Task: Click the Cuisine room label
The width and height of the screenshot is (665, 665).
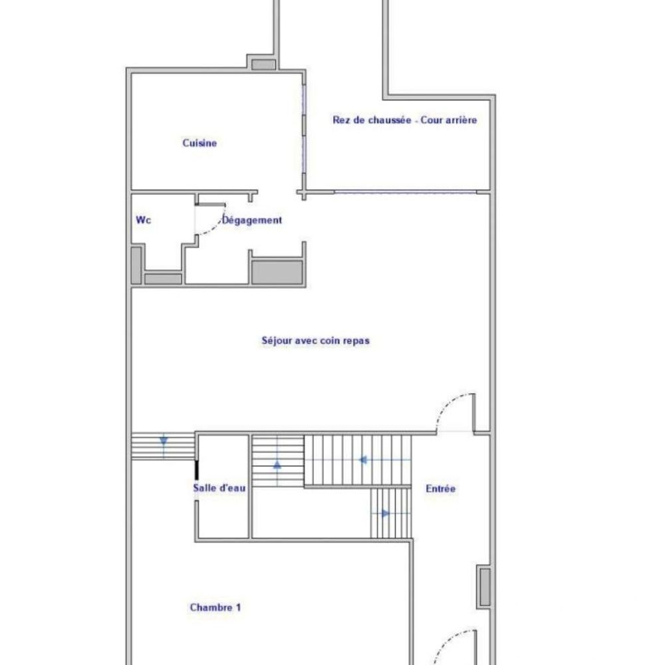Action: [x=199, y=143]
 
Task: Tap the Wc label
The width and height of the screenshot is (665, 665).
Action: [x=143, y=220]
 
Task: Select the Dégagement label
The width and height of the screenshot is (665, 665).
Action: [x=252, y=220]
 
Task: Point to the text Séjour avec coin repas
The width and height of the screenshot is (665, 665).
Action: [x=315, y=340]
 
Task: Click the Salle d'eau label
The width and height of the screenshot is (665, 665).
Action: [x=219, y=488]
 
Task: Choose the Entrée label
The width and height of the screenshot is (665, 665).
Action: [x=440, y=489]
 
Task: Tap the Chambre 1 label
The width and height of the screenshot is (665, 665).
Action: [x=215, y=607]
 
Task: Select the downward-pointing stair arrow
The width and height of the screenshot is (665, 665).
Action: [x=164, y=440]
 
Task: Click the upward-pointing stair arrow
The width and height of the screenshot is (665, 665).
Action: [x=277, y=465]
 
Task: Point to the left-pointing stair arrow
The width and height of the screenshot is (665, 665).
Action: [x=364, y=460]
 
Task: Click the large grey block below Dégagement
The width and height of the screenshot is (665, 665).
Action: [x=277, y=271]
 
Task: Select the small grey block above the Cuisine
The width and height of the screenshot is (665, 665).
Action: [x=263, y=65]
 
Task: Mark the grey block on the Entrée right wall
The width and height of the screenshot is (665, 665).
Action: [x=485, y=587]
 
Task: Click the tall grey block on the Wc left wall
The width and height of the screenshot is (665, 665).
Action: [x=136, y=265]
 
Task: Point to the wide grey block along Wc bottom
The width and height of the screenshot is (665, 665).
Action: [x=163, y=279]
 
